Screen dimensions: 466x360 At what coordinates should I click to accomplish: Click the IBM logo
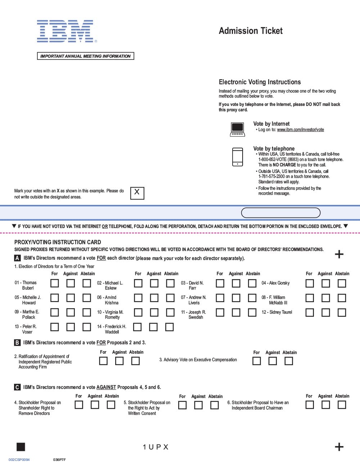(x=65, y=31)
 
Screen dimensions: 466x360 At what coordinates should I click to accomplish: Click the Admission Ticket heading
(x=251, y=31)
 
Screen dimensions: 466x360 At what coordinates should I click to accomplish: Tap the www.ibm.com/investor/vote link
(x=300, y=130)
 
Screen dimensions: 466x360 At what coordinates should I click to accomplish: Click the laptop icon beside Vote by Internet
(x=237, y=129)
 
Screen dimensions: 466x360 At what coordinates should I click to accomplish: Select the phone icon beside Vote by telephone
(x=238, y=157)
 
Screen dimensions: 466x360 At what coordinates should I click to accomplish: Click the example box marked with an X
(x=137, y=193)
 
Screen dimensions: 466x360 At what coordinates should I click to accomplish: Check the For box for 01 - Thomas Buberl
(x=54, y=283)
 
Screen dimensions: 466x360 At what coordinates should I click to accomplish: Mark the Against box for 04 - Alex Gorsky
(x=325, y=283)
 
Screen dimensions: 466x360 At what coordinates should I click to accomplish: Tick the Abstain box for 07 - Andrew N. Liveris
(x=252, y=298)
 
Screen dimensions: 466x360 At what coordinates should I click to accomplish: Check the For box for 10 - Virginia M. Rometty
(x=138, y=312)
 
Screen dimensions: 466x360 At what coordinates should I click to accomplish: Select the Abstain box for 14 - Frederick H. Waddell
(x=170, y=327)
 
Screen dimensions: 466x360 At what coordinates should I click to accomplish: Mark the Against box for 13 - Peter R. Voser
(x=71, y=327)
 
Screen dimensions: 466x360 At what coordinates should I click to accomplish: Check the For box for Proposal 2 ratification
(x=103, y=361)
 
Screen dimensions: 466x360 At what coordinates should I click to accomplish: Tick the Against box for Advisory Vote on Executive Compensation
(x=273, y=361)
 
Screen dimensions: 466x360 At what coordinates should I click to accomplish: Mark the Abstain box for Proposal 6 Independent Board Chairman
(x=342, y=405)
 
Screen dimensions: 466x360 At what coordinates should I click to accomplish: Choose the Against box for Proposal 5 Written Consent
(x=198, y=405)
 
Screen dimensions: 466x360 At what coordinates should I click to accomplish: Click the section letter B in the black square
(x=17, y=342)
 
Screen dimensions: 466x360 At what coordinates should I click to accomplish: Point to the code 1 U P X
(x=156, y=447)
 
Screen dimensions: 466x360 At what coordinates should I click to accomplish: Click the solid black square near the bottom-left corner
(x=21, y=447)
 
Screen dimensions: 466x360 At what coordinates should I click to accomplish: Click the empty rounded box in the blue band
(x=280, y=213)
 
